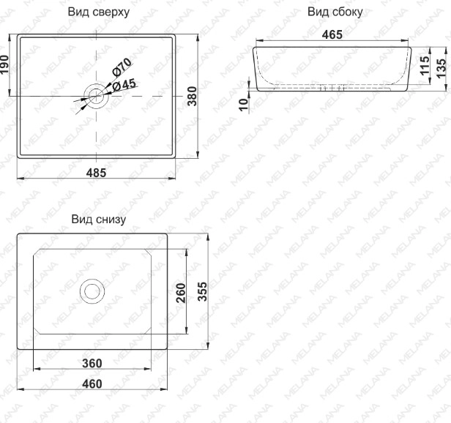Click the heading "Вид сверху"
click(99, 12)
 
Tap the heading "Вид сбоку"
click(335, 12)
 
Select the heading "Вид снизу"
click(99, 220)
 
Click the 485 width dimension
click(96, 173)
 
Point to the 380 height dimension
click(192, 96)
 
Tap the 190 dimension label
click(4, 64)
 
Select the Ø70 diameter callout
click(122, 67)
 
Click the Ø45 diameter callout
click(124, 85)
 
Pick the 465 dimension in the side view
click(332, 35)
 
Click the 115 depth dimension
click(425, 66)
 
